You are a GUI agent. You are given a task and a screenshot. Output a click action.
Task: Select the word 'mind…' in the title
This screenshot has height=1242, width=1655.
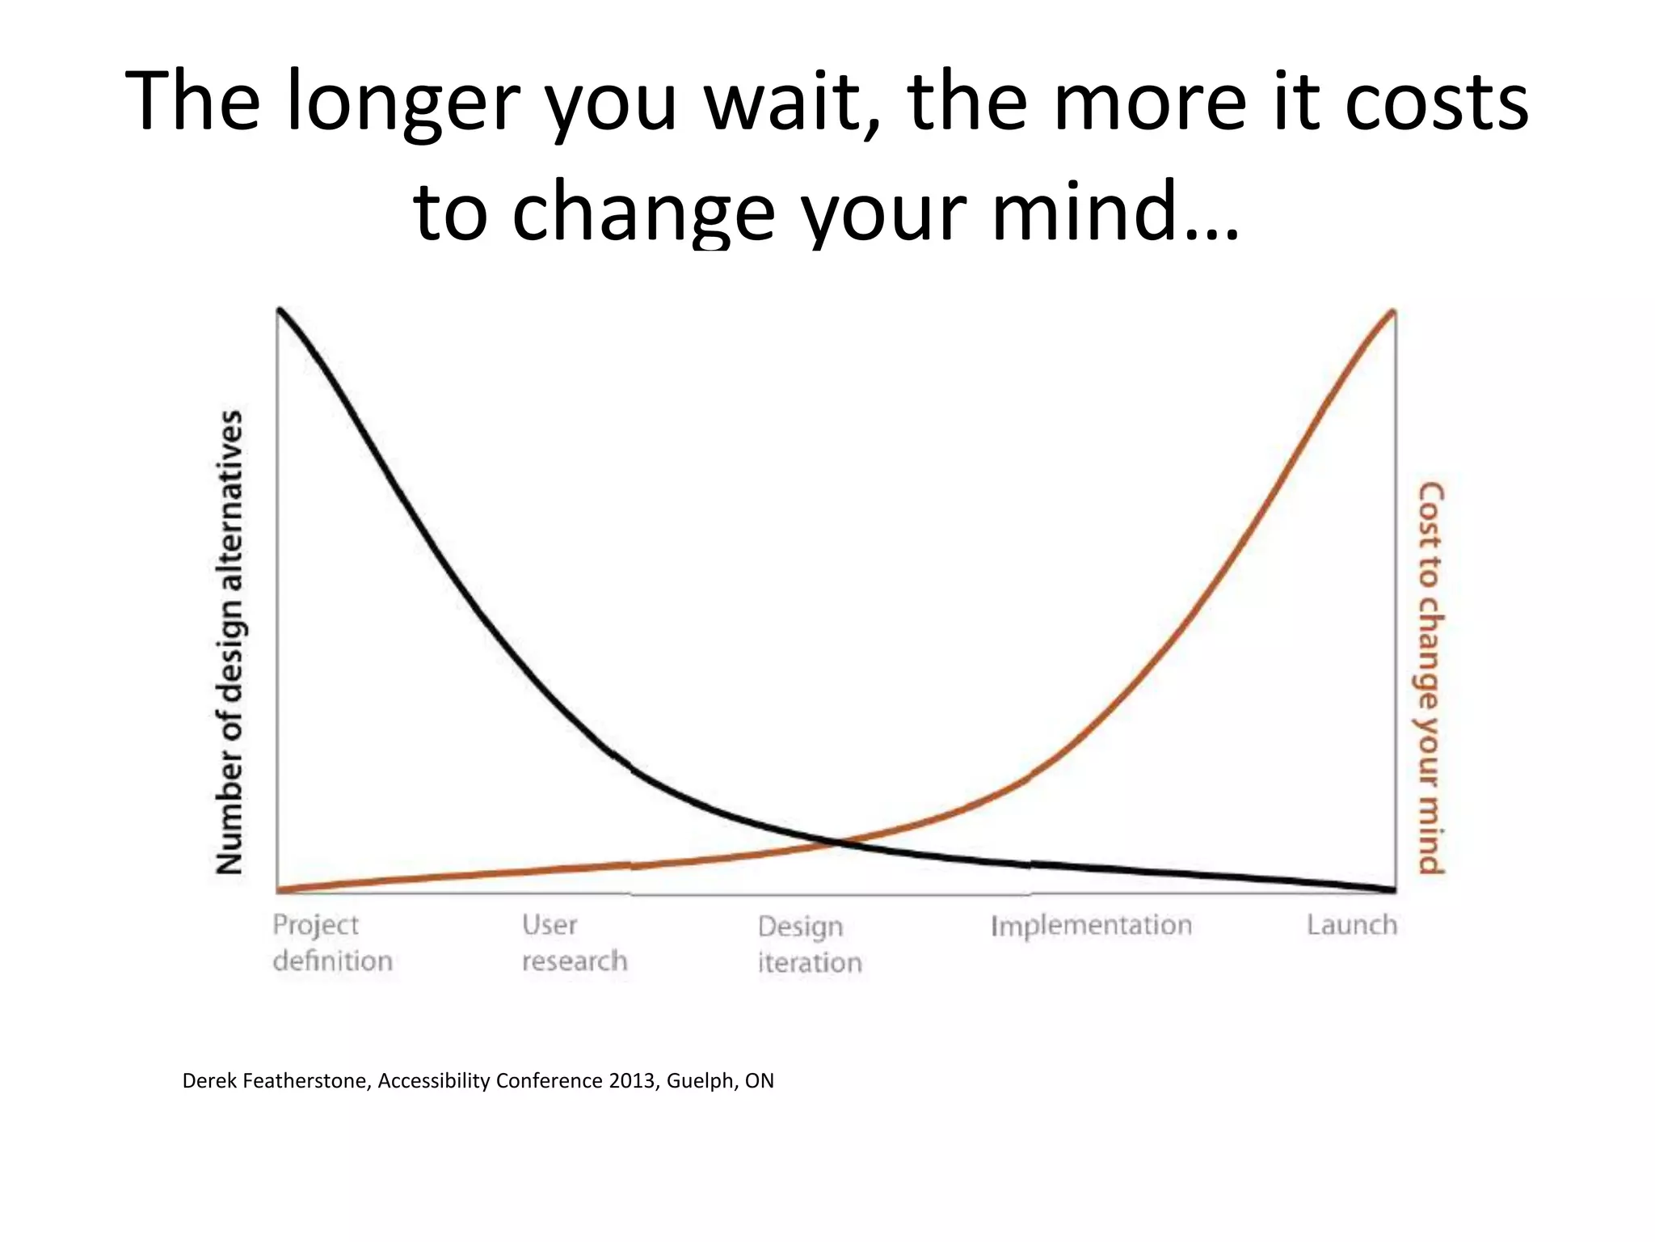[1114, 212]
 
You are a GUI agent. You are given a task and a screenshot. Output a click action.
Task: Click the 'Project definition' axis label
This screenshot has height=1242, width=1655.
[332, 943]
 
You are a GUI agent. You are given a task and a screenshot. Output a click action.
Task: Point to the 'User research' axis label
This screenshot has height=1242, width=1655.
[574, 943]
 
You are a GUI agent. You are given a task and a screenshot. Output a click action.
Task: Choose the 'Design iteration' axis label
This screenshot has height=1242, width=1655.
[809, 944]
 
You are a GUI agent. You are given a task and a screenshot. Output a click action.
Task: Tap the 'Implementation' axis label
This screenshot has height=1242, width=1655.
[1091, 925]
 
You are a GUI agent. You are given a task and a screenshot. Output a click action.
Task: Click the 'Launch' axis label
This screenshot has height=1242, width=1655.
[1351, 925]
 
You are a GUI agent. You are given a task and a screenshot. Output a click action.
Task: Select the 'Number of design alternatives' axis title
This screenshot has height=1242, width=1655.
[230, 643]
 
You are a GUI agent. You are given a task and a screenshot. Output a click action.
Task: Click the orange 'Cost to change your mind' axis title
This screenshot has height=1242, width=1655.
[1431, 678]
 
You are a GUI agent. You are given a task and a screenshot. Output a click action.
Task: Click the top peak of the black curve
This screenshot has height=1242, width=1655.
[280, 310]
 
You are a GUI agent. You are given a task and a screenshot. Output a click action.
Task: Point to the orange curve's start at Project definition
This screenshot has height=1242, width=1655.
[280, 890]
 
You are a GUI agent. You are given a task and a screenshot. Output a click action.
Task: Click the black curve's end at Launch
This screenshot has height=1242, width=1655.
[1392, 889]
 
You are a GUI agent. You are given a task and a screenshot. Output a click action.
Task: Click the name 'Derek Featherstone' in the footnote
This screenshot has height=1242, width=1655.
[276, 1081]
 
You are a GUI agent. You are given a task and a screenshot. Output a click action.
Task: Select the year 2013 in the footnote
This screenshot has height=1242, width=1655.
[634, 1081]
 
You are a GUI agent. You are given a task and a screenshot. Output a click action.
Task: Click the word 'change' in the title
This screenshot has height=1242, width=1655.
[643, 212]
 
